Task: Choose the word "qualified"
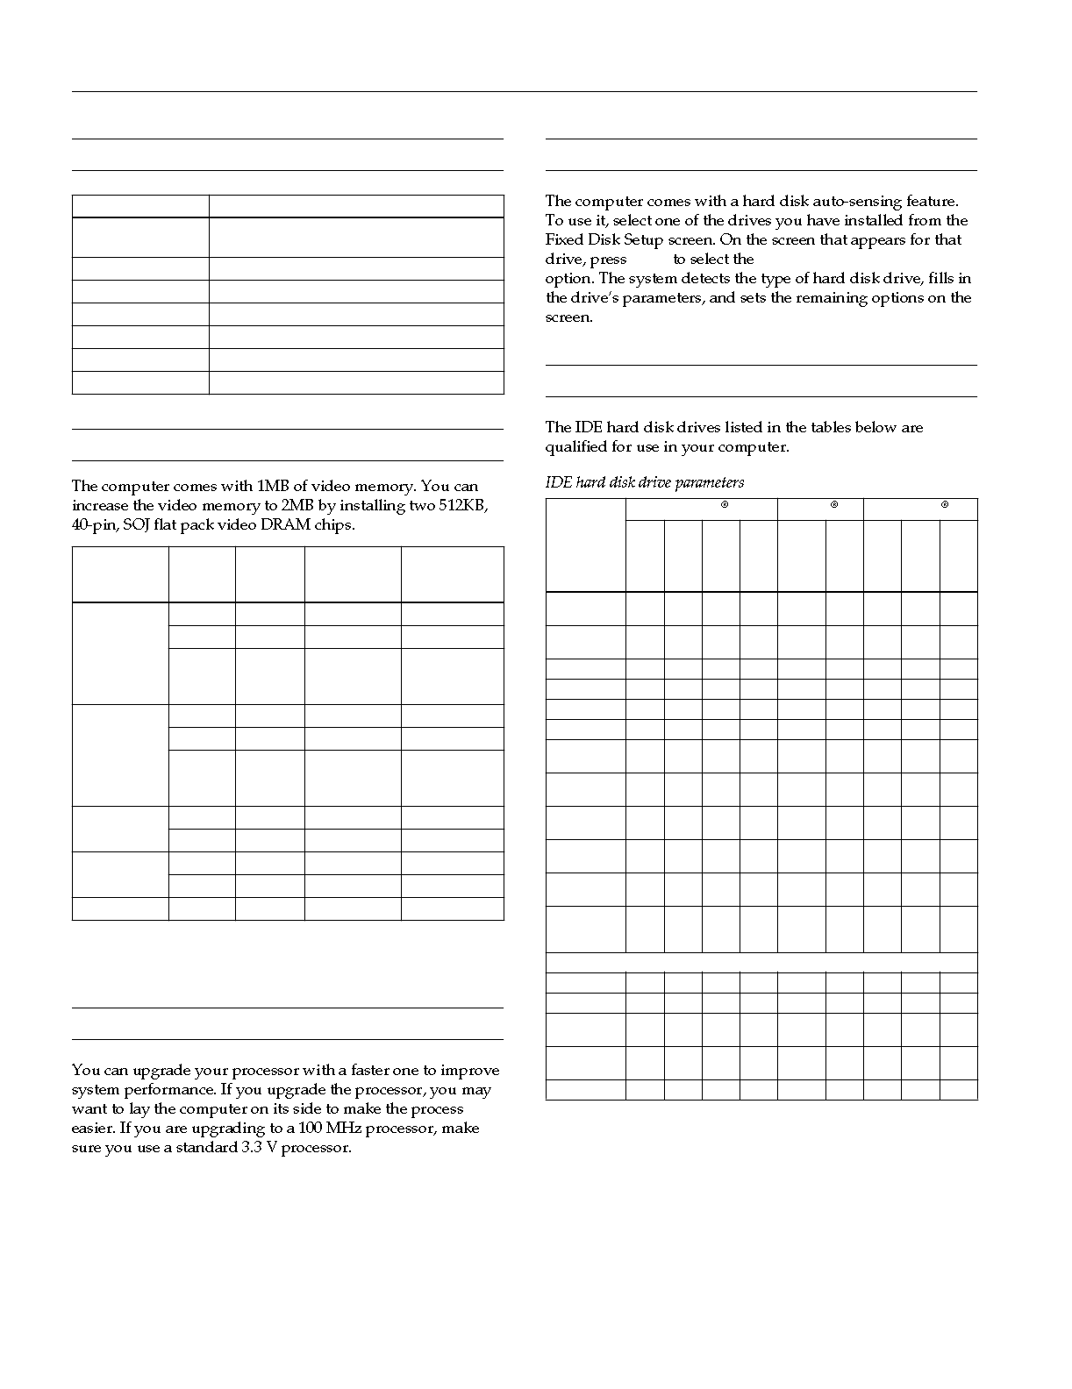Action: [578, 447]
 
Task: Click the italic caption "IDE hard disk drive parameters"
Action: [645, 482]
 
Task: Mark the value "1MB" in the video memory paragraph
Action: [275, 487]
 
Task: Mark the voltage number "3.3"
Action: [253, 1148]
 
